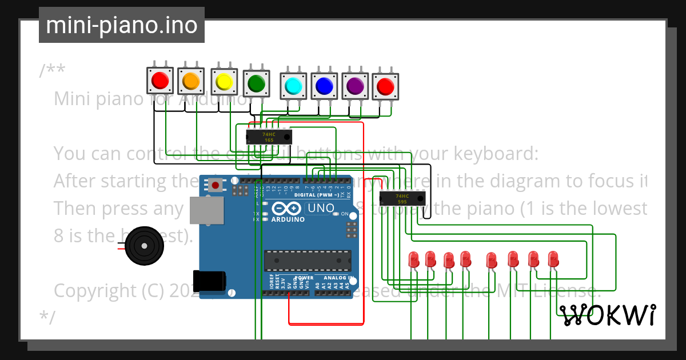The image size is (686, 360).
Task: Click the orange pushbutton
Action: pos(190,82)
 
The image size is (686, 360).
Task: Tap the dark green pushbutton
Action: pos(256,84)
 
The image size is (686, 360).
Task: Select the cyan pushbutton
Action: pos(293,86)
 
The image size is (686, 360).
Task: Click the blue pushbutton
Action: pos(324,86)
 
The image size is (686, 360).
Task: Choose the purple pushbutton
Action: pos(355,86)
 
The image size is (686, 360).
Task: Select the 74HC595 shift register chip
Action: pos(402,199)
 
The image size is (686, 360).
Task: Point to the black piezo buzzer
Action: pos(144,245)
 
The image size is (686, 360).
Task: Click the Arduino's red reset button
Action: pos(216,185)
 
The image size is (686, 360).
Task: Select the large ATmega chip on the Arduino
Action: pos(308,260)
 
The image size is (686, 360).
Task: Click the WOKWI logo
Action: pos(607,315)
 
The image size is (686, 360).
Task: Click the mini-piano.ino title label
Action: pos(122,25)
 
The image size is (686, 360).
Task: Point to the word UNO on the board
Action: pos(321,208)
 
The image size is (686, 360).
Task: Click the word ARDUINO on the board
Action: pos(288,219)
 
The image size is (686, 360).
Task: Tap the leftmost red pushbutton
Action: pos(160,81)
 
